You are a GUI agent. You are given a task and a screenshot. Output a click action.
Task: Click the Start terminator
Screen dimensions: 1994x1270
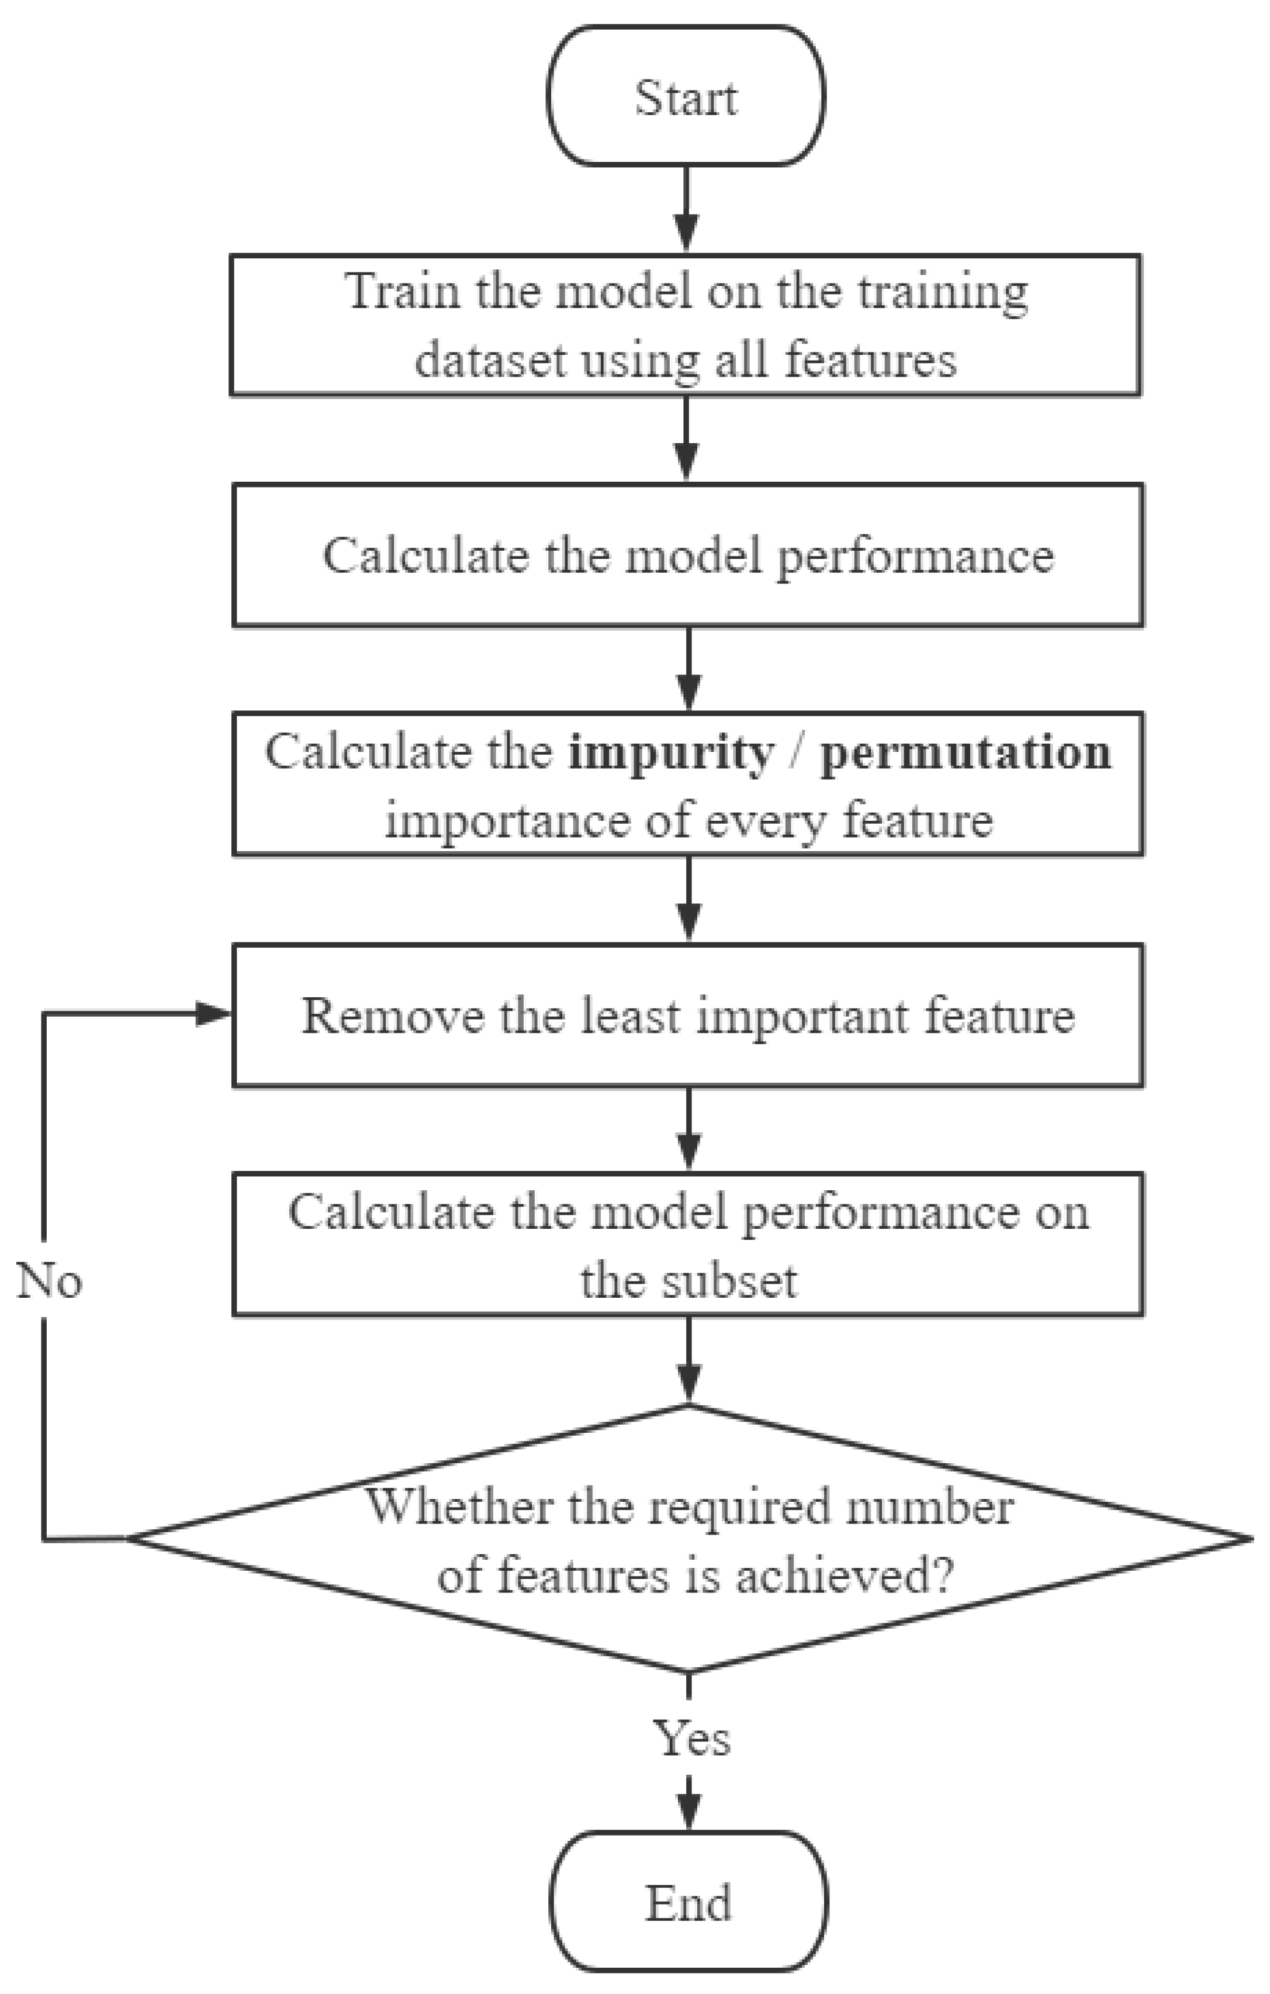[x=686, y=97]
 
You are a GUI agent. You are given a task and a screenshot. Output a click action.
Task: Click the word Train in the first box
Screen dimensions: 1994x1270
[x=401, y=292]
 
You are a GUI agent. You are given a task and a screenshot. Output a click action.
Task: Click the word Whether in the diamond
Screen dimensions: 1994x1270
[x=459, y=1506]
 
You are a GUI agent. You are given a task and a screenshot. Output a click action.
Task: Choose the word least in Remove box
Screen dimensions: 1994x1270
[x=629, y=1015]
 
